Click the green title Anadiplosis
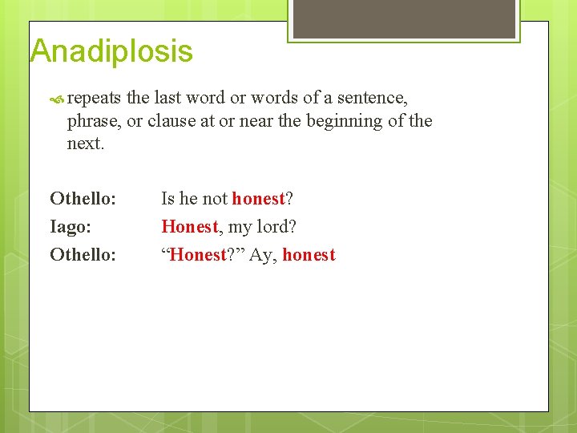tap(111, 51)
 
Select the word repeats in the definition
tap(94, 98)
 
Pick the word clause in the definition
tap(173, 121)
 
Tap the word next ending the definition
tap(85, 144)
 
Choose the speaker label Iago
tap(71, 227)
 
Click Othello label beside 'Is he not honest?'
tap(83, 198)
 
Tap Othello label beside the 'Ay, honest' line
tap(83, 255)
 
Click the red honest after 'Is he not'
tap(258, 198)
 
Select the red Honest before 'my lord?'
tap(189, 227)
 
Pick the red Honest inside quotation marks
tap(198, 255)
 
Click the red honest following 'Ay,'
tap(309, 255)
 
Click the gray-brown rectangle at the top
tap(403, 18)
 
